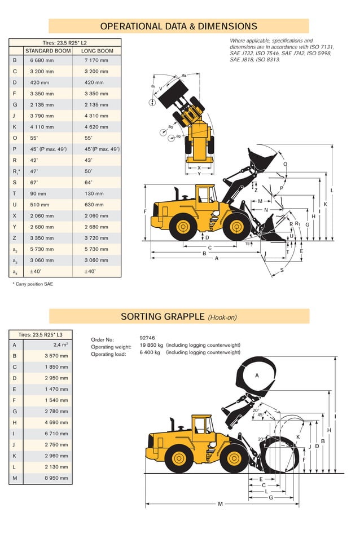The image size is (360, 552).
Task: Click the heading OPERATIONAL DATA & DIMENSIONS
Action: point(178,26)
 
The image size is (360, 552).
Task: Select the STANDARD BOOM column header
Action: point(47,51)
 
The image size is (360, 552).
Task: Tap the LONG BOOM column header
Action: point(97,51)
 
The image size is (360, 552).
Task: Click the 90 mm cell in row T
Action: point(41,193)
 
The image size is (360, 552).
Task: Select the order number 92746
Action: point(147,338)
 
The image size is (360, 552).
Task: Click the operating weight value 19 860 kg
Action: point(151,345)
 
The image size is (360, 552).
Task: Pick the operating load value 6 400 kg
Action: point(150,352)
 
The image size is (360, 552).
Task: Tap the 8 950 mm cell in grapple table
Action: point(57,478)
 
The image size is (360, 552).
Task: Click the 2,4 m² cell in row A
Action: point(60,345)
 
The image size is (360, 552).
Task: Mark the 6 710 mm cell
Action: point(57,434)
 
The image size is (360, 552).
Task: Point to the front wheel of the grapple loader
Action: point(234,458)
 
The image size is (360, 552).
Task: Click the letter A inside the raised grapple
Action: point(257,375)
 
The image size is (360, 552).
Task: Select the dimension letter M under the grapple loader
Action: point(220,504)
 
